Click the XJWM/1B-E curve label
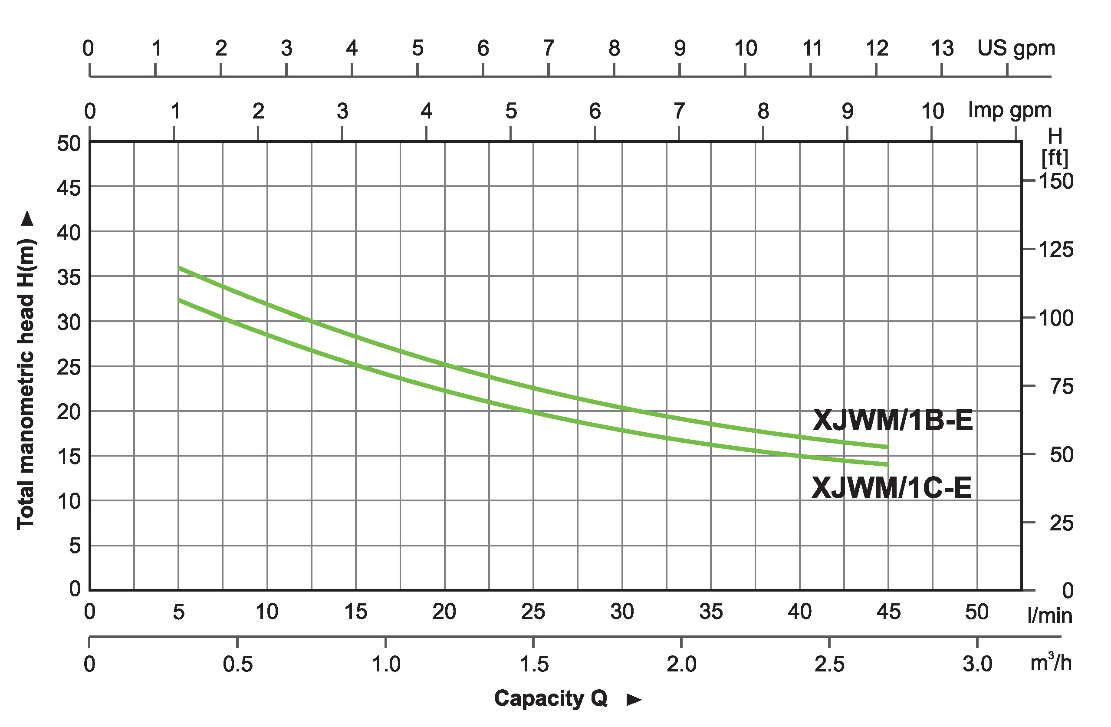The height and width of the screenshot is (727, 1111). pyautogui.click(x=893, y=420)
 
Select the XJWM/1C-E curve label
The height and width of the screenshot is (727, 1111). pyautogui.click(x=891, y=488)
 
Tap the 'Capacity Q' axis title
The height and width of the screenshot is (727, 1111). pyautogui.click(x=550, y=698)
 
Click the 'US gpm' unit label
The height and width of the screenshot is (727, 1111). pyautogui.click(x=1016, y=48)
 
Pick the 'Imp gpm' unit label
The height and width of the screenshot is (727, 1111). pyautogui.click(x=1010, y=111)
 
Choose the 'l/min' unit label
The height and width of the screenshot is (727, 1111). pyautogui.click(x=1050, y=616)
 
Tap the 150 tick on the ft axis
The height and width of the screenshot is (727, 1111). pyautogui.click(x=1056, y=181)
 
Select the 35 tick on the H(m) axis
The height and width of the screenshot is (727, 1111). pyautogui.click(x=69, y=277)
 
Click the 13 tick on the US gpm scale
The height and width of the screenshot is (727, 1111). pyautogui.click(x=943, y=48)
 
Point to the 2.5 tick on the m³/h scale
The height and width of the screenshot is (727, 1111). pyautogui.click(x=829, y=664)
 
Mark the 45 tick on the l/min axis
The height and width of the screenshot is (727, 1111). pyautogui.click(x=888, y=612)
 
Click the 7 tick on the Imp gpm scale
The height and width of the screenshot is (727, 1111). pyautogui.click(x=679, y=111)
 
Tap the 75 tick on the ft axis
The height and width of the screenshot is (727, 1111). pyautogui.click(x=1062, y=387)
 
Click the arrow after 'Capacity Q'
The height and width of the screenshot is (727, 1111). pyautogui.click(x=634, y=700)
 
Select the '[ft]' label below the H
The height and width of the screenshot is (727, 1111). pyautogui.click(x=1055, y=159)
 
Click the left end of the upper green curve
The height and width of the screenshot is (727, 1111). pyautogui.click(x=179, y=268)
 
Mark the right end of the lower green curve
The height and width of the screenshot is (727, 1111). pyautogui.click(x=887, y=464)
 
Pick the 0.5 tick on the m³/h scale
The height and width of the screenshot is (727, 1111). pyautogui.click(x=237, y=664)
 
